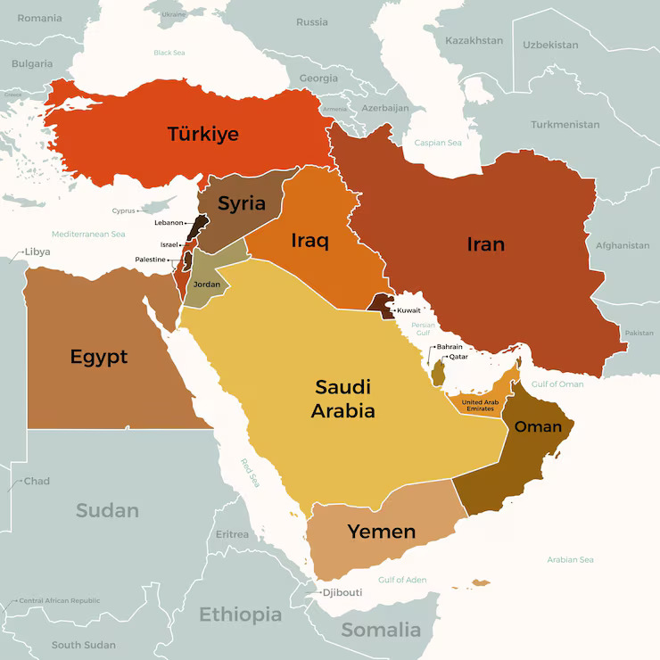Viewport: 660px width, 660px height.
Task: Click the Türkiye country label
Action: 202,134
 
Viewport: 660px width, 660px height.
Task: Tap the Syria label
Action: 242,203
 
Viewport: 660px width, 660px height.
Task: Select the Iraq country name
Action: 309,240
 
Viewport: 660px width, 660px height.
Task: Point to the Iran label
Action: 485,243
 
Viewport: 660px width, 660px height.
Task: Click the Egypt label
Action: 99,357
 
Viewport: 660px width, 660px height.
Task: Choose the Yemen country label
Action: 381,532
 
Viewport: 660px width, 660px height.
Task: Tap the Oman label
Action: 538,426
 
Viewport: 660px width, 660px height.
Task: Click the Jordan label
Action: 206,285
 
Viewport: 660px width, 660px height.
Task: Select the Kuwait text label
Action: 408,310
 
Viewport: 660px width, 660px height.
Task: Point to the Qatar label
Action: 458,357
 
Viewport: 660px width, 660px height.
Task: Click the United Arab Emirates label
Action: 480,405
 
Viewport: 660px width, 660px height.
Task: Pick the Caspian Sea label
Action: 438,143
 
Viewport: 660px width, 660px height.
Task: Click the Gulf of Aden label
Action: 402,580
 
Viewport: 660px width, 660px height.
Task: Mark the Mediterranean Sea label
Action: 88,234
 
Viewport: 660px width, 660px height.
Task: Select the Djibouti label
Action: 342,592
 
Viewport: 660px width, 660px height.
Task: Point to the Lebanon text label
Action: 169,223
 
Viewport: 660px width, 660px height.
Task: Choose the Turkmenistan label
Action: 565,125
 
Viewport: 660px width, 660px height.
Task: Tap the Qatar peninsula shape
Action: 439,372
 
